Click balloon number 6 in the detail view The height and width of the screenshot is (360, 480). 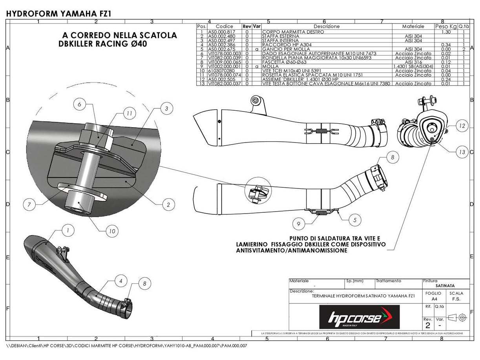79,105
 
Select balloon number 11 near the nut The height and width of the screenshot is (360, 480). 129,113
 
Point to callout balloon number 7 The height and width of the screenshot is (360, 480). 29,205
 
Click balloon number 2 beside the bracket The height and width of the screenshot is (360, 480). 168,205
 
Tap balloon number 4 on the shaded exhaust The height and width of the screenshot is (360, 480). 121,281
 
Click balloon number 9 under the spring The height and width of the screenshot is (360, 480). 299,224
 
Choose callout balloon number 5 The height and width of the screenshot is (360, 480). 355,220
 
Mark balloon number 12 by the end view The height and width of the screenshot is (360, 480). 462,126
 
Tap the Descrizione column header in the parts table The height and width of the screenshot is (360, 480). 327,26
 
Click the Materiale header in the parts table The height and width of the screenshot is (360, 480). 413,26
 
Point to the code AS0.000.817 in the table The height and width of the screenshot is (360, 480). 221,32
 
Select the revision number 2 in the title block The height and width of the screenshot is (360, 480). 427,325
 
